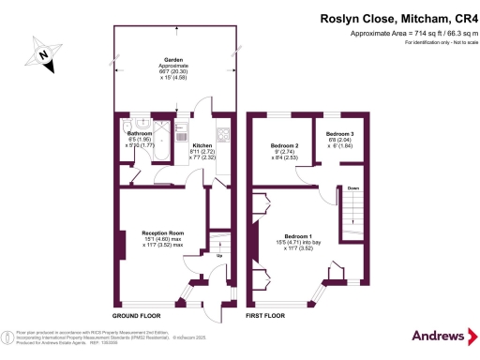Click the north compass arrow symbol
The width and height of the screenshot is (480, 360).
[44, 55]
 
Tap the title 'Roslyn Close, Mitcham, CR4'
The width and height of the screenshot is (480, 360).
[398, 17]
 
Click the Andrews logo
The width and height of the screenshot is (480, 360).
[438, 336]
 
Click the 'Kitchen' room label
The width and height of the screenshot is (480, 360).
[203, 146]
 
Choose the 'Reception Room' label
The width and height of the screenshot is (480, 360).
[161, 232]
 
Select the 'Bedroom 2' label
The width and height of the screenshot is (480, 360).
[284, 146]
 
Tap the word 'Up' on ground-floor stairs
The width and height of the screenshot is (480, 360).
[219, 255]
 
